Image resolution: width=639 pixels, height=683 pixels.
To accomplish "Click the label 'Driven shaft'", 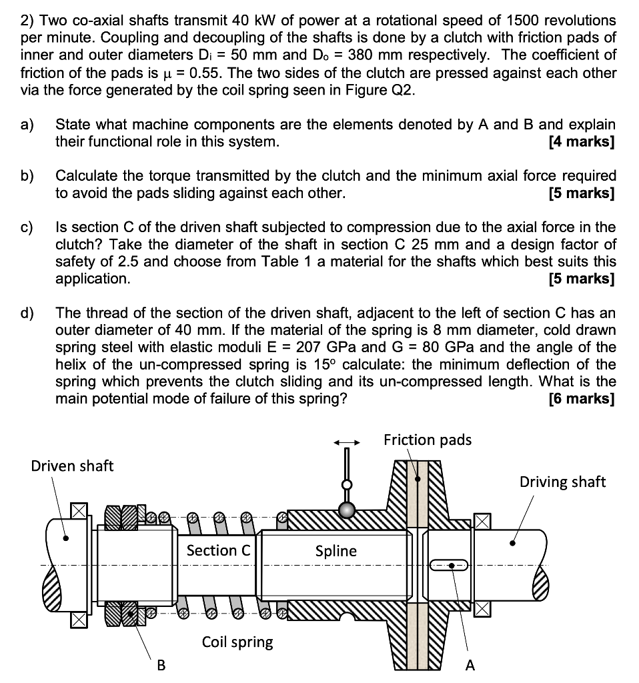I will click(72, 466).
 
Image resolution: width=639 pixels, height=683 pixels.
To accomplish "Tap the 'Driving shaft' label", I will click(562, 482).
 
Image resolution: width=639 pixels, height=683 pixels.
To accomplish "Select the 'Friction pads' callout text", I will click(427, 440).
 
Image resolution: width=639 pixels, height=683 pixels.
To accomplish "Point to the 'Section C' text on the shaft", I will click(219, 550).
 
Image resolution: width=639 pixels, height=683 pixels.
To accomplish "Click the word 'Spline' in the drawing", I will click(336, 551).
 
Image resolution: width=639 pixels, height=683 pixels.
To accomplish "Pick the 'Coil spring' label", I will click(237, 642).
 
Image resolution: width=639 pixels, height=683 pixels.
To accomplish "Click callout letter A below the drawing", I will click(470, 665).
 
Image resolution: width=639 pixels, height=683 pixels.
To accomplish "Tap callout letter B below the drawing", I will click(161, 665).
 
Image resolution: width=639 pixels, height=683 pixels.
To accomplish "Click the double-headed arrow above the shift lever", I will click(347, 442).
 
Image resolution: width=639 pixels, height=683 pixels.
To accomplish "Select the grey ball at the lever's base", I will click(346, 510).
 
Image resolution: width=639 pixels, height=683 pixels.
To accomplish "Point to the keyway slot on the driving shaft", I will click(452, 566).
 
